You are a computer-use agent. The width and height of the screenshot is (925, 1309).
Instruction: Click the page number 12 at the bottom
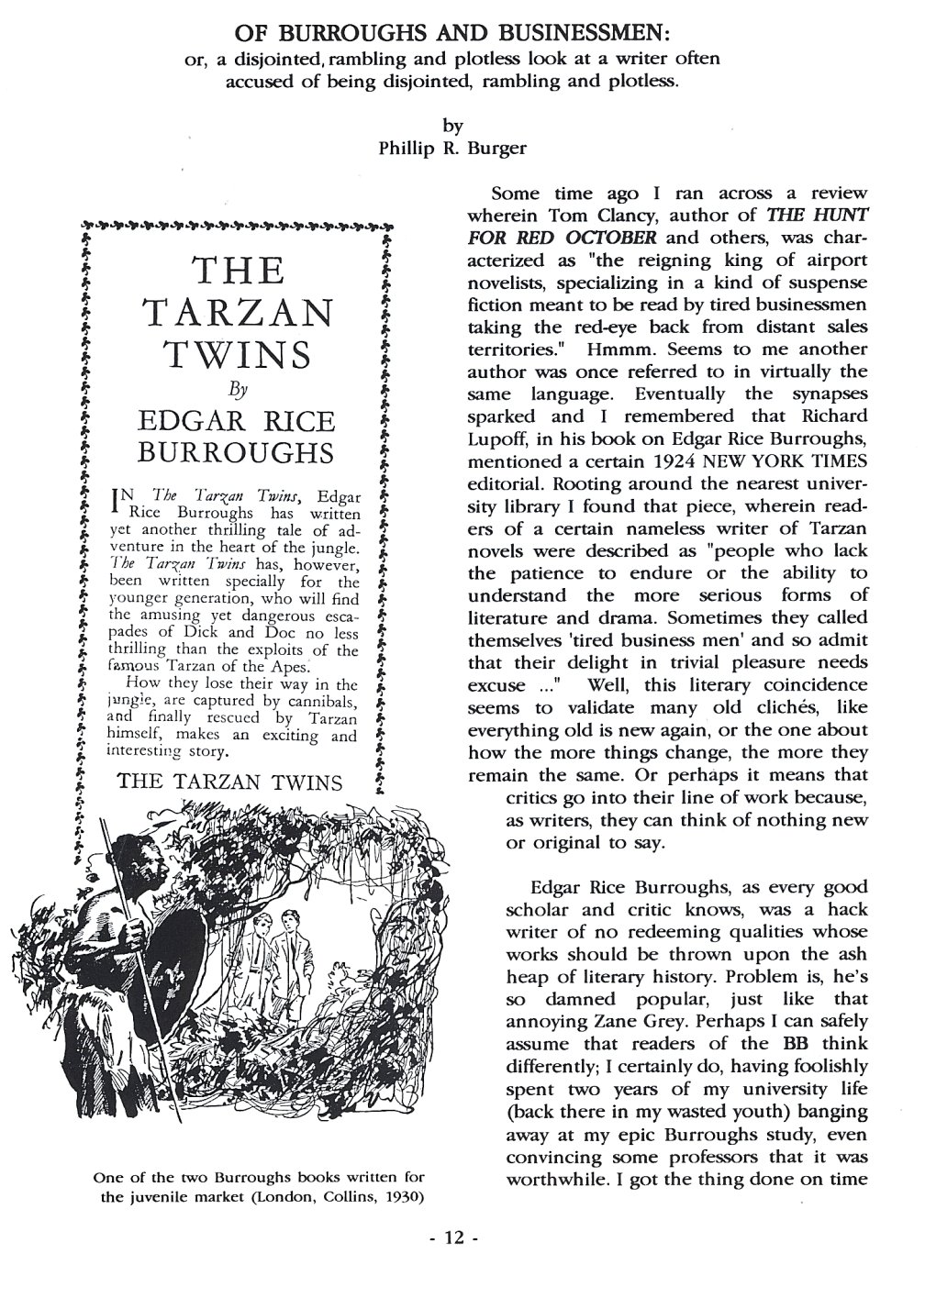[x=455, y=1237]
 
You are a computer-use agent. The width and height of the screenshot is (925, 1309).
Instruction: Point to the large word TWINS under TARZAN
[x=238, y=353]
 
